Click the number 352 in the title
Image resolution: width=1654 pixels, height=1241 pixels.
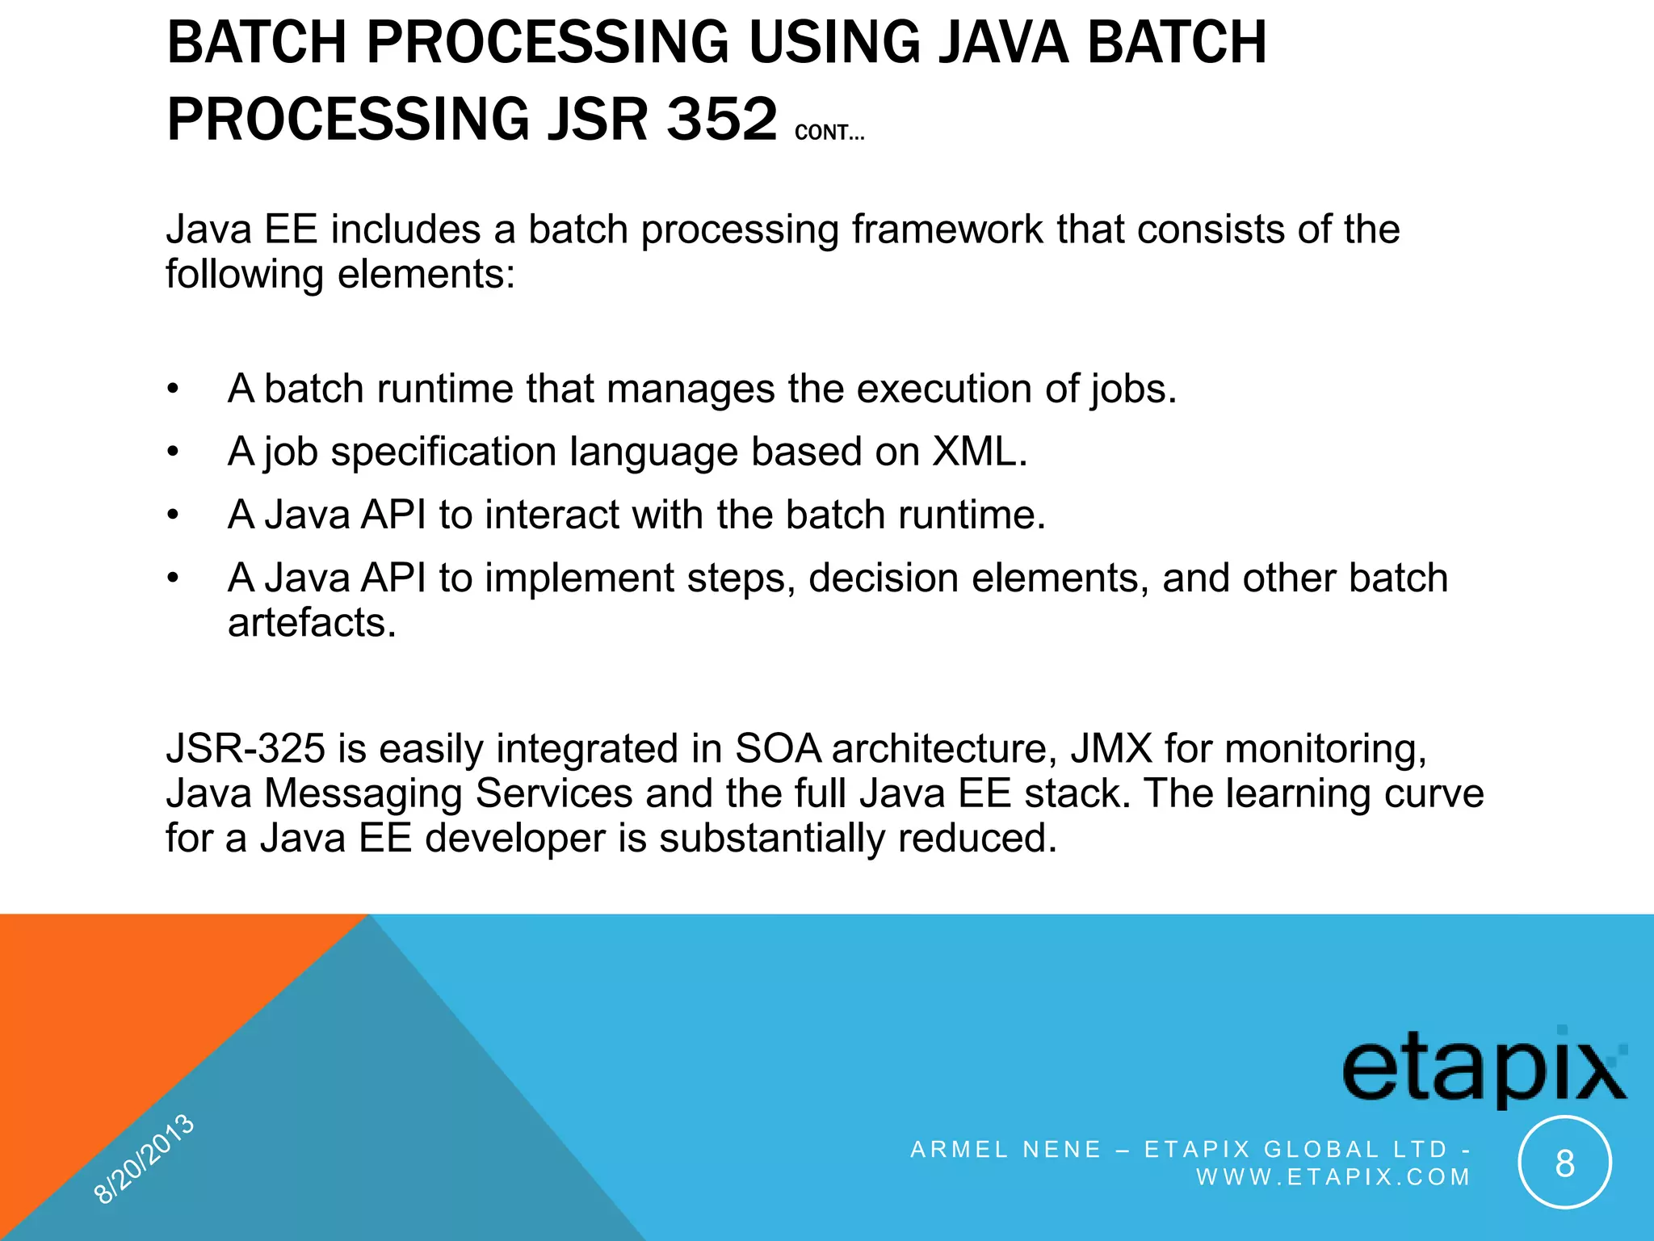[721, 120]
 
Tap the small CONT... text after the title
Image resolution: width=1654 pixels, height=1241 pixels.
[829, 133]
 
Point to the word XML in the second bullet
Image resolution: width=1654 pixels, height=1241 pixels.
[979, 452]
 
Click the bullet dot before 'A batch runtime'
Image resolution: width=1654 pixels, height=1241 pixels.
[172, 389]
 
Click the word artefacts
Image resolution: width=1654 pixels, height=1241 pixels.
[312, 623]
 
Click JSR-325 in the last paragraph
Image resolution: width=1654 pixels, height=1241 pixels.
[246, 749]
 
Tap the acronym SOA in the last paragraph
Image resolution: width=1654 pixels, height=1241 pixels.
[778, 749]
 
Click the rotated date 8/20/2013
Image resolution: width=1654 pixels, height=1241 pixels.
[144, 1159]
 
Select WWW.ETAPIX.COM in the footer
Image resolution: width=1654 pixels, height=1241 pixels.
[1333, 1177]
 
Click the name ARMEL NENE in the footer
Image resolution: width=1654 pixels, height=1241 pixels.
[1005, 1150]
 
